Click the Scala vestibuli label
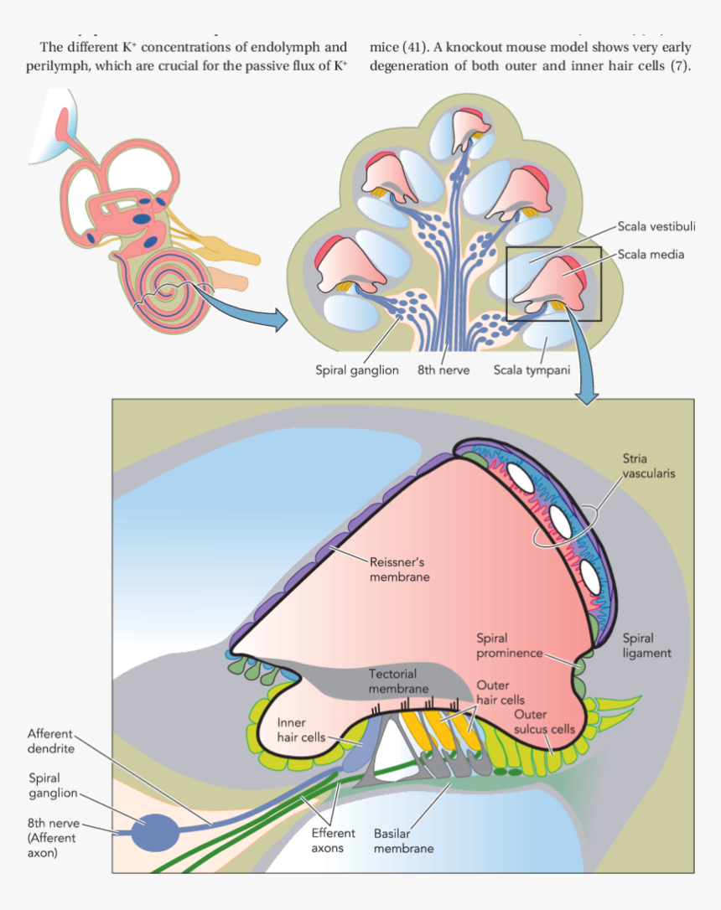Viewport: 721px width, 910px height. pos(656,226)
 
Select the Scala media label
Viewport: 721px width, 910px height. pos(651,254)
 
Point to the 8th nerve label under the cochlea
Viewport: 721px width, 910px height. pos(443,370)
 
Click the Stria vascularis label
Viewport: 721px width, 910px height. pos(649,466)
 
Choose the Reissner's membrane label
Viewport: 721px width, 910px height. pos(399,570)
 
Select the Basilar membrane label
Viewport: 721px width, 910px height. pos(403,841)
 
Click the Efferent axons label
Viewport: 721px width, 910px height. pos(334,841)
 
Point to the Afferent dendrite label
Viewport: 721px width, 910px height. pos(51,741)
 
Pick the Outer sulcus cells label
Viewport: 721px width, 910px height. pos(544,721)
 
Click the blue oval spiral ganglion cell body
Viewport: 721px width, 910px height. pos(155,832)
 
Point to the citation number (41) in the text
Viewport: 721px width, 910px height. pos(416,46)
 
